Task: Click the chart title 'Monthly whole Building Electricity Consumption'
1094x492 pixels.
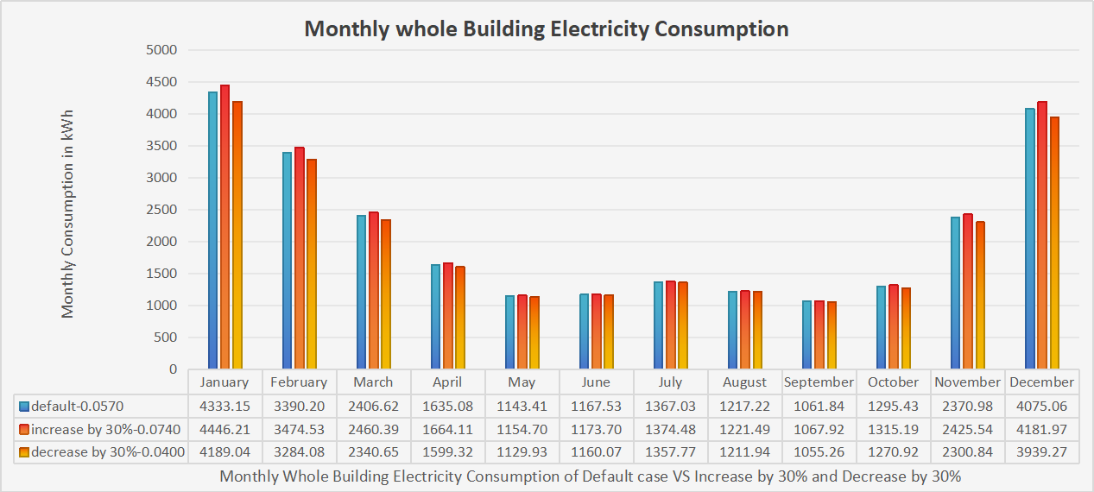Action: tap(547, 28)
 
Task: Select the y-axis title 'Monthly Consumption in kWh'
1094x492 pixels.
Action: tap(67, 213)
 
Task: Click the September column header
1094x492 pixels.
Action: tap(819, 382)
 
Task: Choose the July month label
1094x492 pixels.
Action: tap(670, 382)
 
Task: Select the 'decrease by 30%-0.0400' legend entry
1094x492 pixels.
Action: tap(101, 451)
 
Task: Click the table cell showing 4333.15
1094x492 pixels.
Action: tap(224, 406)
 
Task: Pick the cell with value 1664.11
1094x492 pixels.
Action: tap(447, 428)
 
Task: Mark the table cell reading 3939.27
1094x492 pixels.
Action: tap(1041, 451)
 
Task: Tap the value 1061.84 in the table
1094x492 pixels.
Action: tap(819, 406)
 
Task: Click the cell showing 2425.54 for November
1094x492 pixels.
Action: tap(967, 428)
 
